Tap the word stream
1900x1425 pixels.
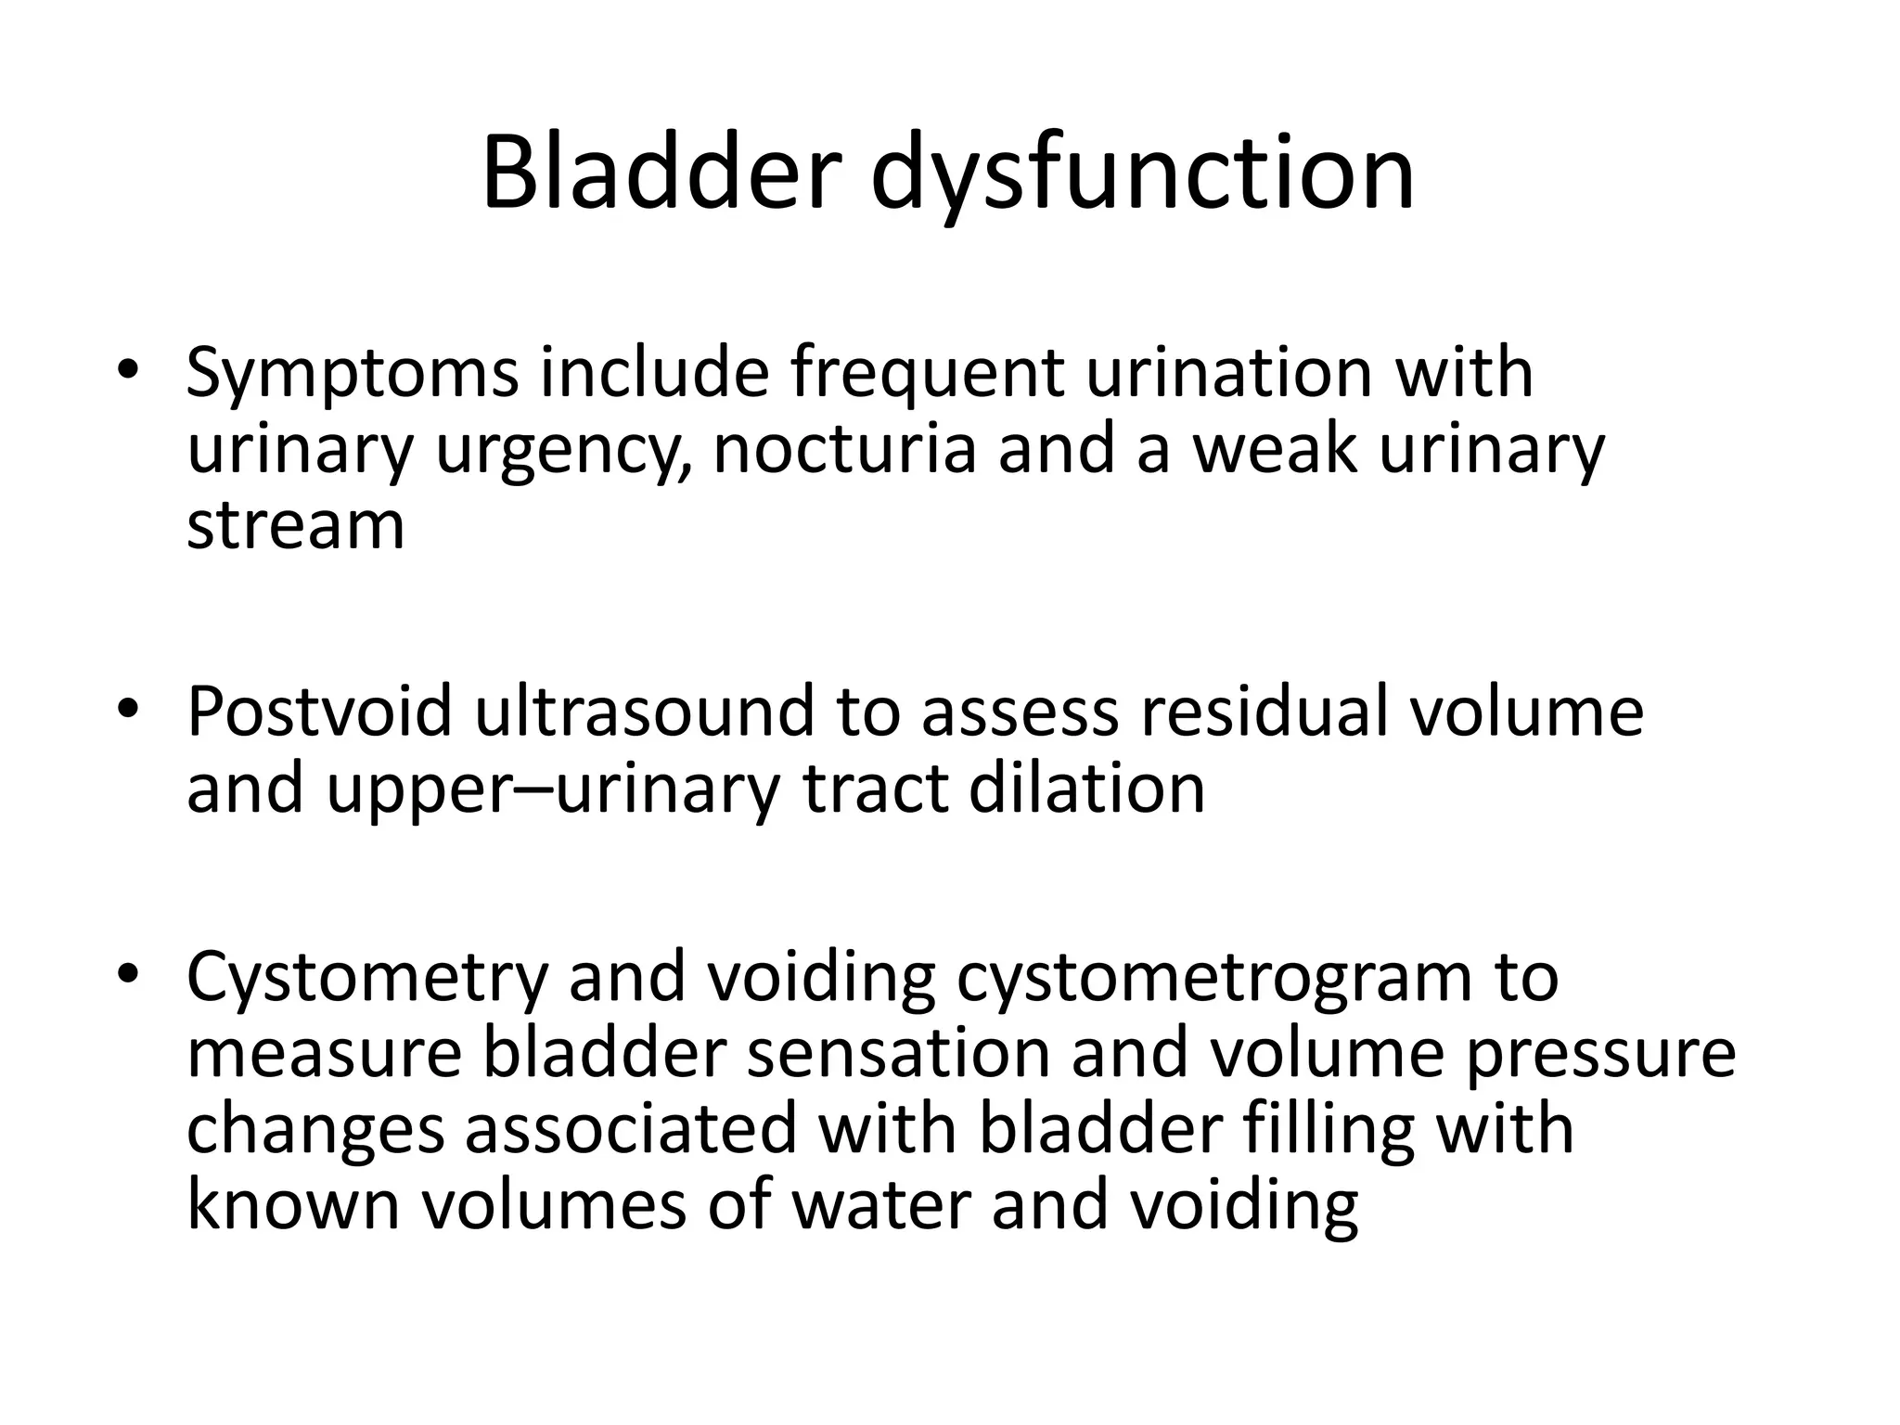point(295,526)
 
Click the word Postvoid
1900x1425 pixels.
point(320,712)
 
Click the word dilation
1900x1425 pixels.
point(1086,789)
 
